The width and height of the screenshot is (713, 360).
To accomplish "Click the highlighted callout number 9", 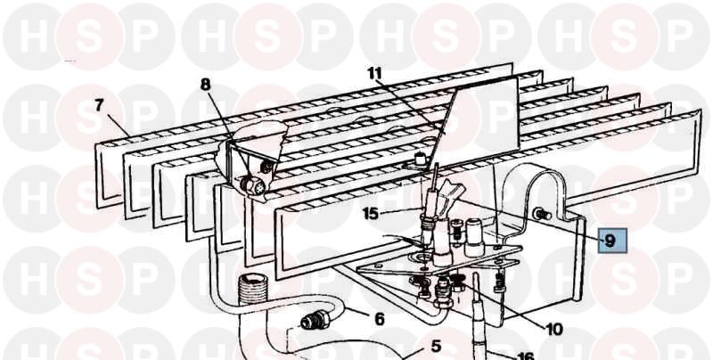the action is (x=610, y=241).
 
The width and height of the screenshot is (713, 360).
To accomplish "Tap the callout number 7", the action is (x=99, y=106).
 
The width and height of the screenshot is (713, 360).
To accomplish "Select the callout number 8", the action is (x=206, y=84).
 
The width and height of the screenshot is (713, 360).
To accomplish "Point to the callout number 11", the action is (x=375, y=73).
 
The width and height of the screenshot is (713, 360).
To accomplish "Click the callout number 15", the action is (x=371, y=213).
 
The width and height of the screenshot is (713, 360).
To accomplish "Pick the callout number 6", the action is (x=380, y=319).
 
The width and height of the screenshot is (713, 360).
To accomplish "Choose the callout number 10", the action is (x=554, y=329).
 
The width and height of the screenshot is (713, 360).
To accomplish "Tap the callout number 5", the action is (x=436, y=347).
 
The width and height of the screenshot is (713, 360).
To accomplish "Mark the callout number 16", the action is (x=525, y=356).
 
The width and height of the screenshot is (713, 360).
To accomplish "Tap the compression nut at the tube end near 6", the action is (x=315, y=321).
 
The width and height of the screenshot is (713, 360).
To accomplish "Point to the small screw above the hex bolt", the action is (x=266, y=167).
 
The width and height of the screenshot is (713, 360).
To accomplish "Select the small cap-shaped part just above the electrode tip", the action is (x=420, y=160).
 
